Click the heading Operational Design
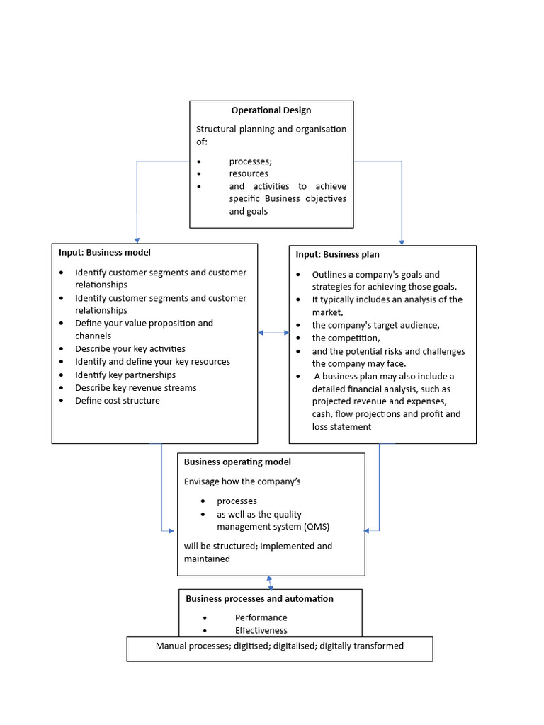[271, 110]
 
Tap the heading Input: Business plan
[337, 254]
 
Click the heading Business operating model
[237, 462]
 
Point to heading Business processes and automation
[259, 598]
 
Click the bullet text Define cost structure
[118, 401]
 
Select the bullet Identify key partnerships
[125, 375]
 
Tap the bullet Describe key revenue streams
[136, 388]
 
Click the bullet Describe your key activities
[130, 348]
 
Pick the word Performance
[261, 617]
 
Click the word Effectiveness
[261, 630]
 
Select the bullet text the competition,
[346, 338]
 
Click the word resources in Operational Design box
[249, 173]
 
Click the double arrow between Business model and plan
[273, 332]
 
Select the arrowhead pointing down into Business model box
[137, 240]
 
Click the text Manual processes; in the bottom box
[193, 646]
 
